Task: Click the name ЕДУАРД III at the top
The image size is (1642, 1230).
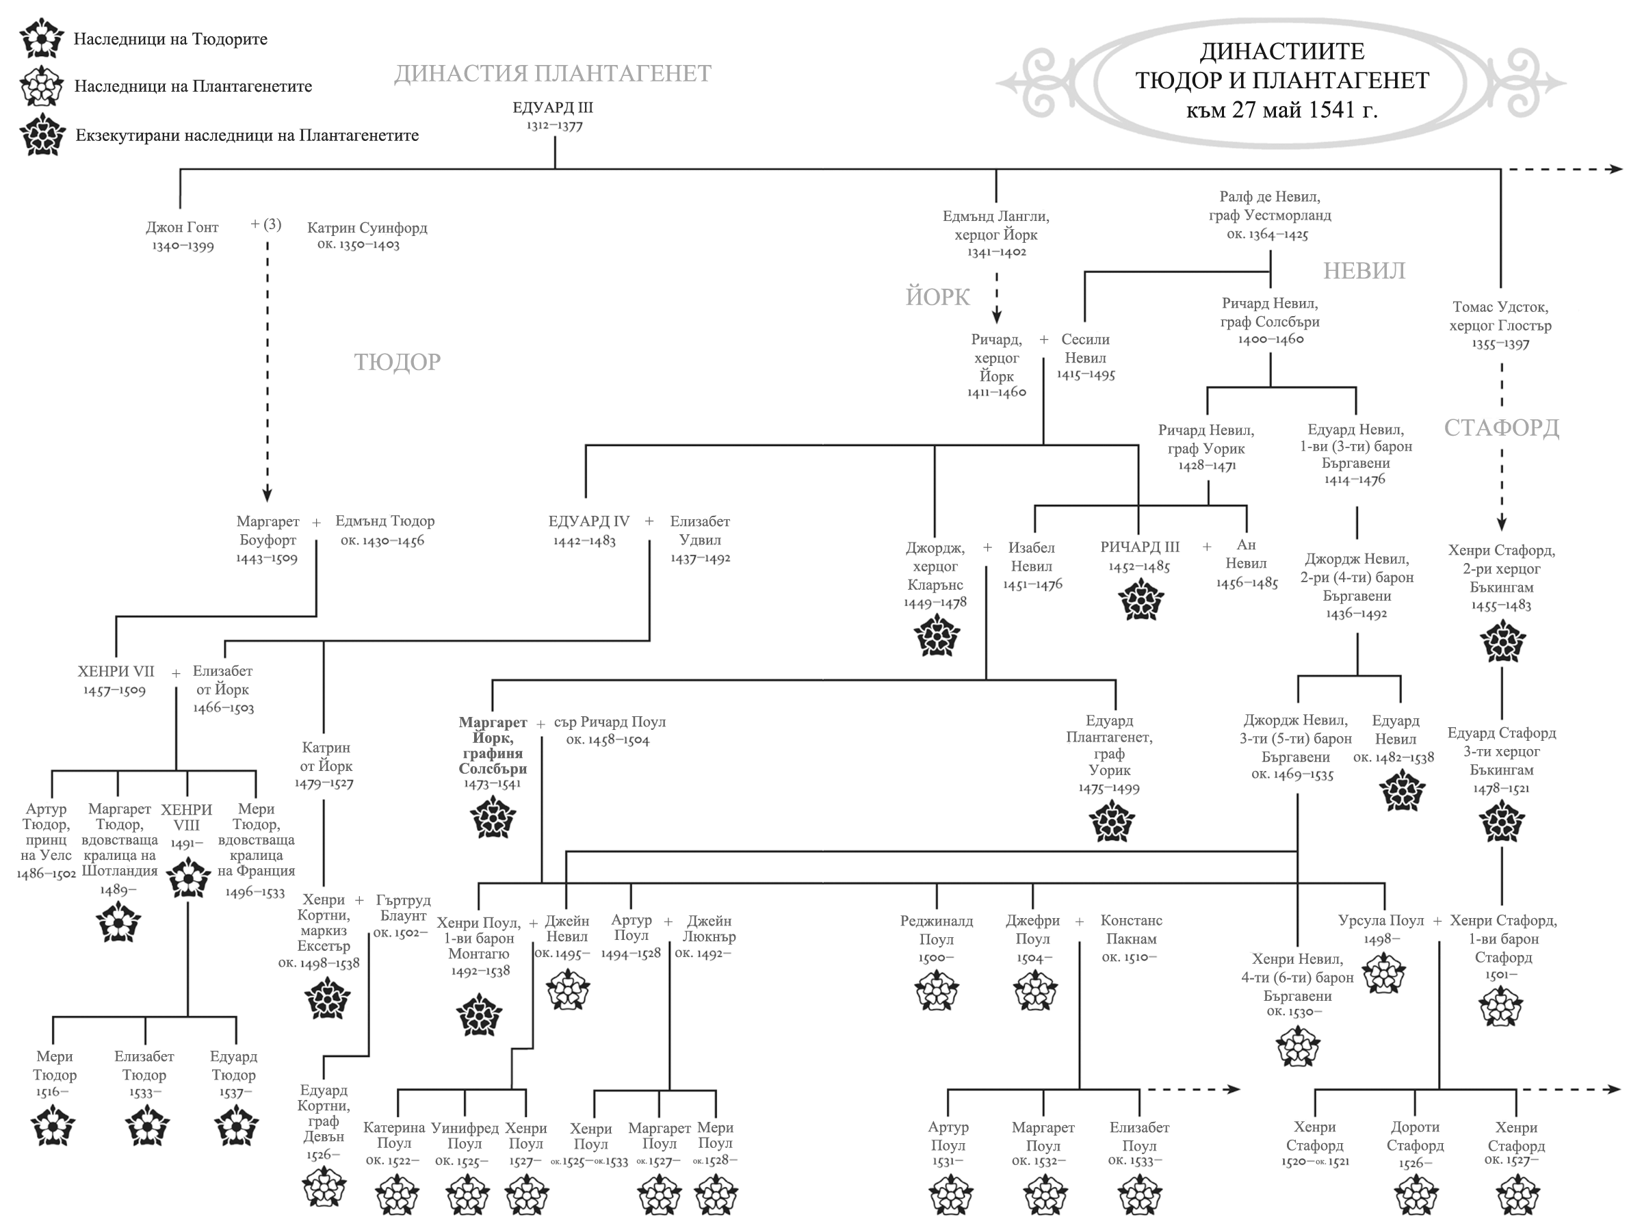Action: [x=553, y=107]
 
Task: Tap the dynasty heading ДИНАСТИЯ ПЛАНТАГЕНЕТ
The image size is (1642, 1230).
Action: [x=552, y=73]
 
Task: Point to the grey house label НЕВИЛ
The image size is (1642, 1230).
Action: [x=1364, y=271]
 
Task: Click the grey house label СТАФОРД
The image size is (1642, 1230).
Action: [x=1501, y=428]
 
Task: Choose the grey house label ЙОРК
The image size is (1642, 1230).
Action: [x=937, y=297]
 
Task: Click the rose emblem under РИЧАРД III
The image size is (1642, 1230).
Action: [x=1141, y=600]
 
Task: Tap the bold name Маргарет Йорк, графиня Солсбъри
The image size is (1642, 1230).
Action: [x=493, y=745]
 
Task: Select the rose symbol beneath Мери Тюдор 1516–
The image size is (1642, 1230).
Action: [x=53, y=1125]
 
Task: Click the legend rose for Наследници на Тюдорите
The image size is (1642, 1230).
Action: [x=42, y=38]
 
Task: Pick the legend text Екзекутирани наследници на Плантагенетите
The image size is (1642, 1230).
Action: [x=246, y=135]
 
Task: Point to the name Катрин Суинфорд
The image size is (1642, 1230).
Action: [x=367, y=228]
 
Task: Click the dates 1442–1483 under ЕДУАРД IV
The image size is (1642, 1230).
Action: [x=584, y=541]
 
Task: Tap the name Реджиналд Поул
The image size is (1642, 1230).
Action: [x=936, y=930]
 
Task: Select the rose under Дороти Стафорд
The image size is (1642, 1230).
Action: [x=1416, y=1195]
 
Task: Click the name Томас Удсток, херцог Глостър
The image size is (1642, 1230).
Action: [x=1500, y=316]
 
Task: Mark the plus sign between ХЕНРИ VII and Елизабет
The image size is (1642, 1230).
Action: [x=176, y=673]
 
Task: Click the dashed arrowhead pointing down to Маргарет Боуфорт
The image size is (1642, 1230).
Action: [x=268, y=495]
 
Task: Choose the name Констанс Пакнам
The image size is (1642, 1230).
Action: [x=1130, y=930]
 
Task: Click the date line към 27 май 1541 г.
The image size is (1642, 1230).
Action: [x=1281, y=111]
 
